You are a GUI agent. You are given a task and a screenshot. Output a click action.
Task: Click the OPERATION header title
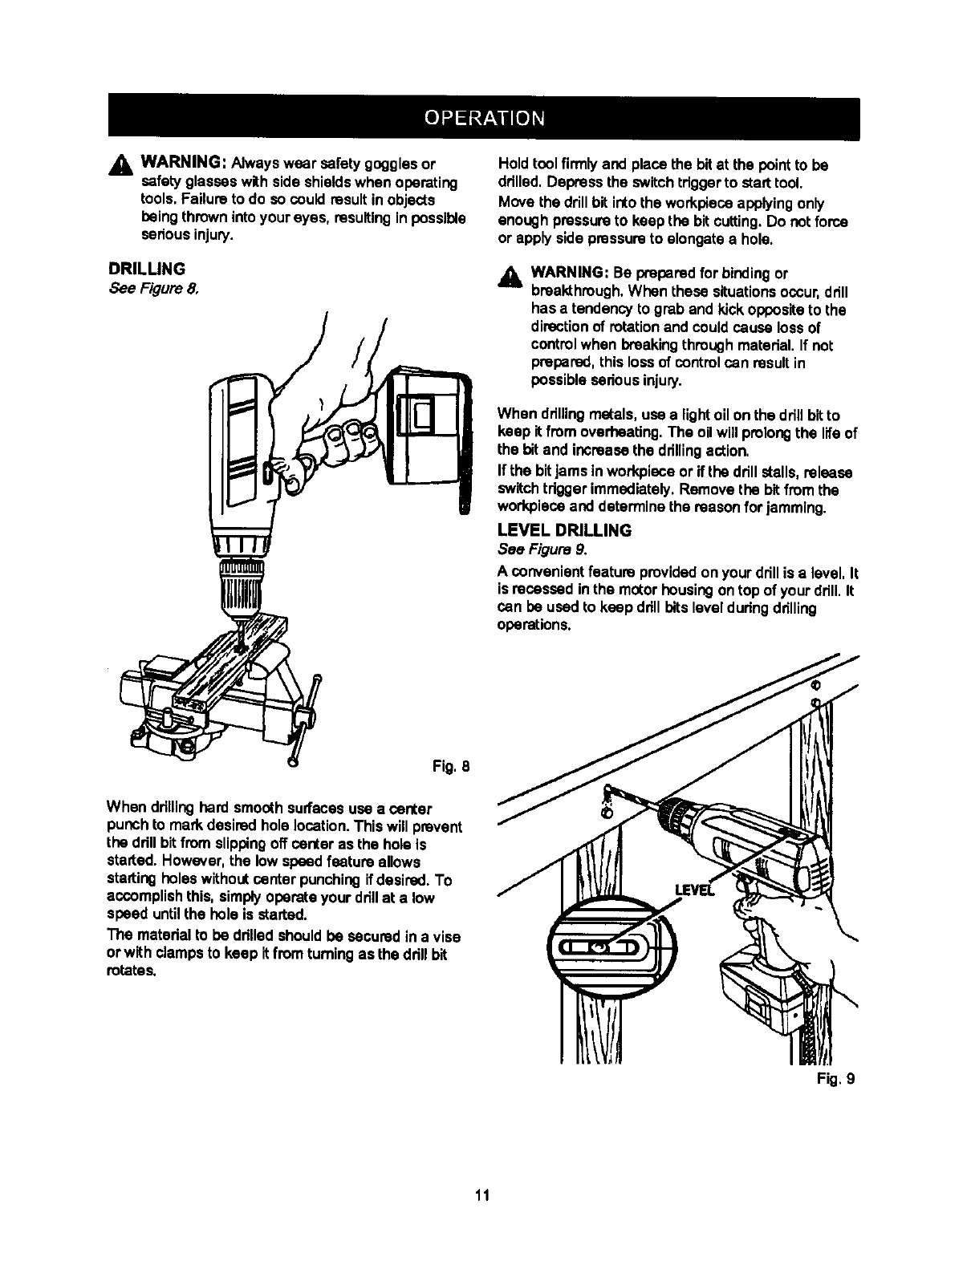click(485, 117)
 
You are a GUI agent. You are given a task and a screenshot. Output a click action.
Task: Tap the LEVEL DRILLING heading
click(564, 530)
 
